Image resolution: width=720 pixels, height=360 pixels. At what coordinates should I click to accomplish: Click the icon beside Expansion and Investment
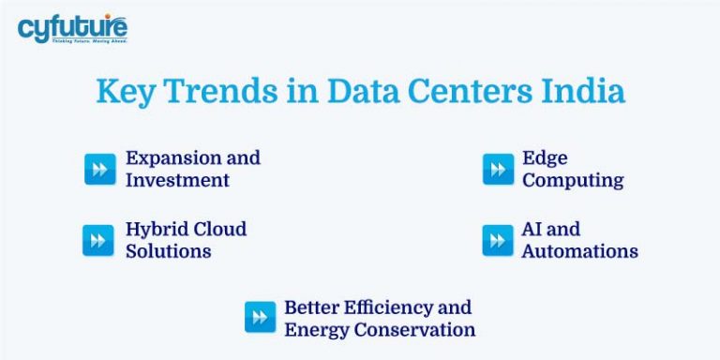(x=100, y=169)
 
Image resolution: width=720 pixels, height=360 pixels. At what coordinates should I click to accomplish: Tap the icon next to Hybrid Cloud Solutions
(x=97, y=240)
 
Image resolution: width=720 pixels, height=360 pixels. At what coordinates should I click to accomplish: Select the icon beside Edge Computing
(x=498, y=169)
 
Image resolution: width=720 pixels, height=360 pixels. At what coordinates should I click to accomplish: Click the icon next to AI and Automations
(x=498, y=240)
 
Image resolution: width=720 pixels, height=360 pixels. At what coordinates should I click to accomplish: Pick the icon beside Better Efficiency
(x=260, y=317)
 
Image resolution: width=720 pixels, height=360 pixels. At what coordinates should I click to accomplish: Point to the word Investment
(x=177, y=180)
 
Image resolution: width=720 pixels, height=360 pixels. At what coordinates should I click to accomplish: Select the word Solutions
(x=169, y=251)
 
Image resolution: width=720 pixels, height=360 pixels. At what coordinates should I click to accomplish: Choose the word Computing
(x=573, y=180)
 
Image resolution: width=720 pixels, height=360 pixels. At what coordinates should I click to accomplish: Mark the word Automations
(x=579, y=251)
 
